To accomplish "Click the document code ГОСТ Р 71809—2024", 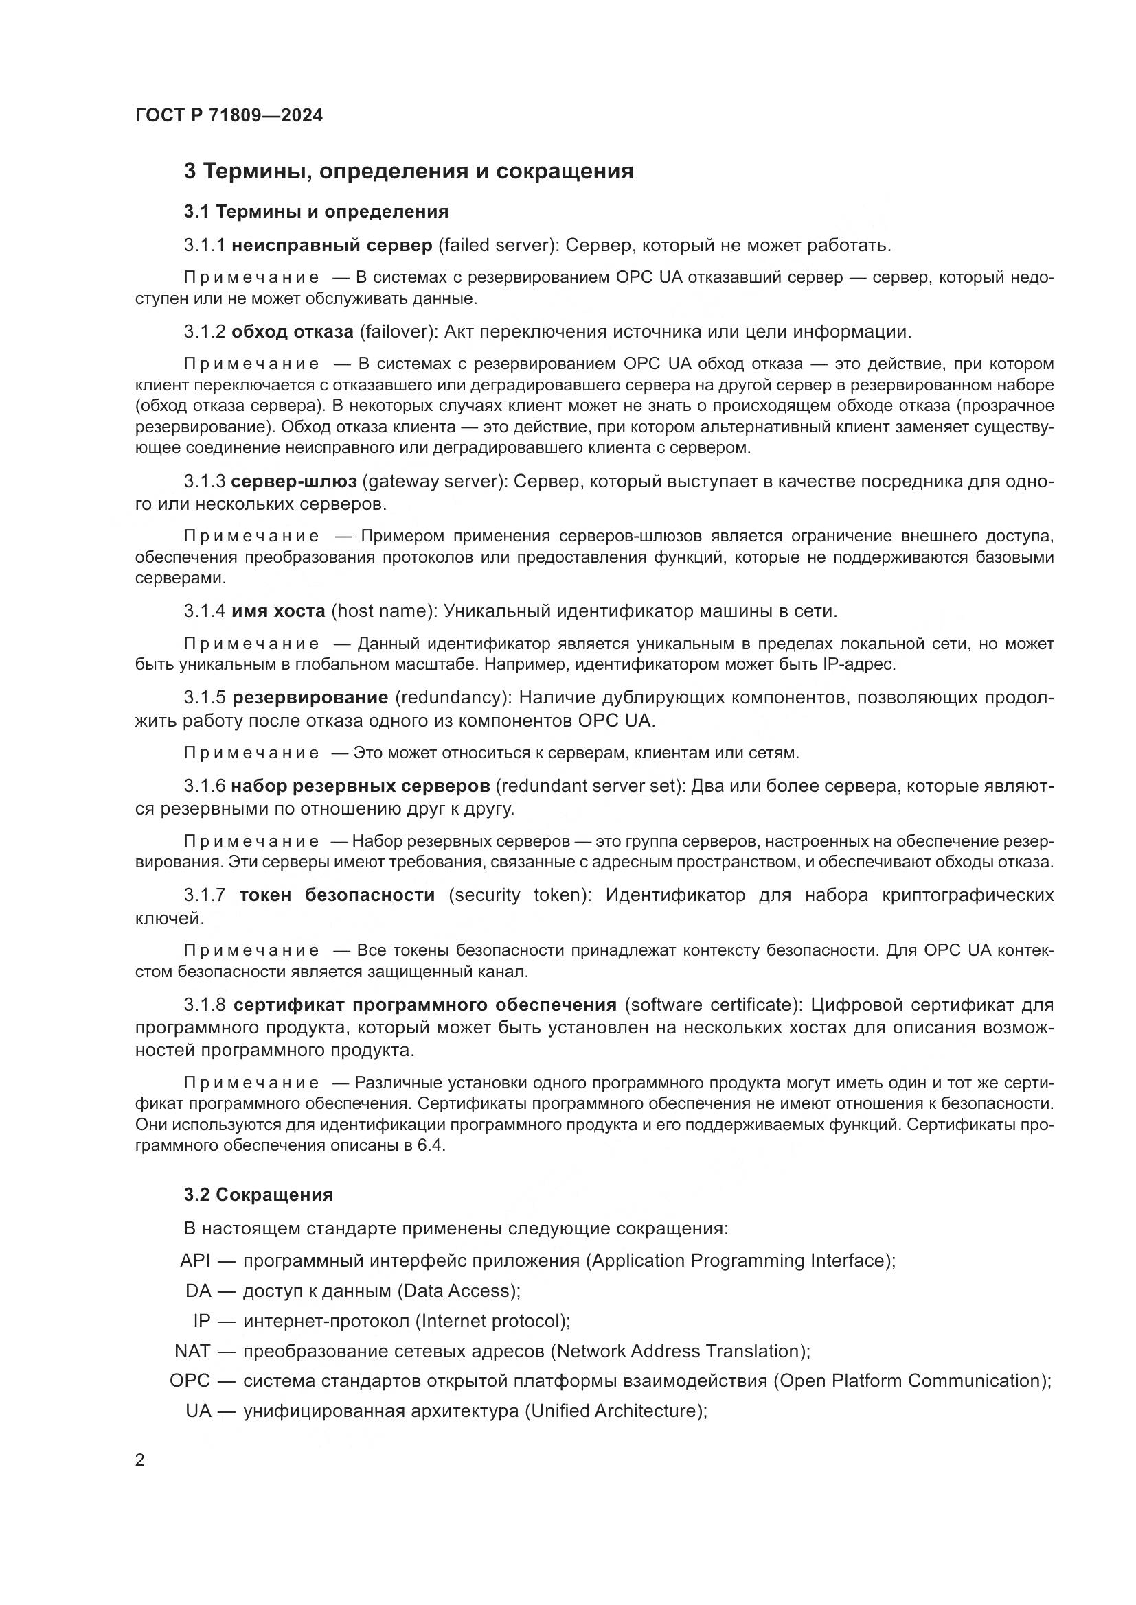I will [229, 116].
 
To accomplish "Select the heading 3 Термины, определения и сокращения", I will [409, 172].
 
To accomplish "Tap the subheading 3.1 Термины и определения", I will [316, 211].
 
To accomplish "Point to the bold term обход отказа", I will [293, 331].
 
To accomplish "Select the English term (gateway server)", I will [434, 482].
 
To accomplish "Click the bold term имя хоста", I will [278, 611].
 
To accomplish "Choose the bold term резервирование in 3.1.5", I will [310, 697].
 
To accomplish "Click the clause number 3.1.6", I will [204, 786].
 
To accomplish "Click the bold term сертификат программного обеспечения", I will [425, 1005].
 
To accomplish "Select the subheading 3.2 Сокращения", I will [259, 1195].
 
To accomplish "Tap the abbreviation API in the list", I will [195, 1261].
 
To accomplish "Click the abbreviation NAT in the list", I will [192, 1350].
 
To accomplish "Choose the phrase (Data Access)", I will [458, 1291].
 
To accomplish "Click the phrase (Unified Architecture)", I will [615, 1411].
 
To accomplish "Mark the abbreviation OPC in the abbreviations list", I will [190, 1381].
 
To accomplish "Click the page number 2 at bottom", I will [140, 1460].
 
